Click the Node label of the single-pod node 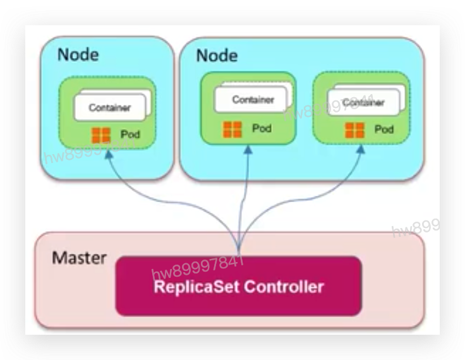pos(78,54)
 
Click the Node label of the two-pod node pos(217,56)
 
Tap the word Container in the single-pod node pos(109,108)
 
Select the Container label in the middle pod pos(253,100)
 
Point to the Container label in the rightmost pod pos(364,102)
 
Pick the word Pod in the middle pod pos(262,128)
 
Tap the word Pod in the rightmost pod pos(383,129)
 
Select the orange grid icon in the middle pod pos(232,129)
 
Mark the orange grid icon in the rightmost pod pos(354,130)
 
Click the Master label pos(79,258)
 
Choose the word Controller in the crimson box pos(284,287)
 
